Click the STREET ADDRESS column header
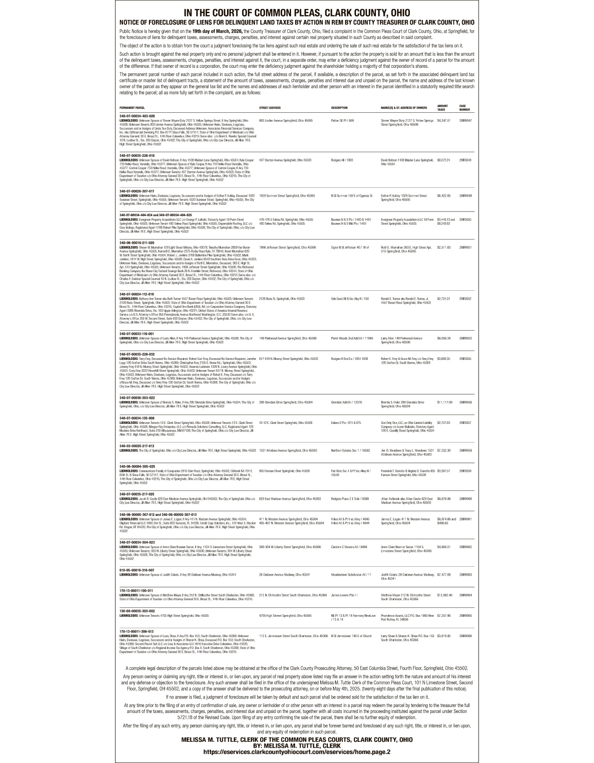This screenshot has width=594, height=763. [x=269, y=108]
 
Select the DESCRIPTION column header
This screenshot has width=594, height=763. [x=339, y=108]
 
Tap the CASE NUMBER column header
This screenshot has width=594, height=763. [x=465, y=108]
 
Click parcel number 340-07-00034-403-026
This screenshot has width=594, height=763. [x=137, y=116]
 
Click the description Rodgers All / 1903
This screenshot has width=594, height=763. [x=342, y=160]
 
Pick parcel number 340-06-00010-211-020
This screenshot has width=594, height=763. [x=137, y=243]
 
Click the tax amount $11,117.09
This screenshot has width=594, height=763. [x=444, y=402]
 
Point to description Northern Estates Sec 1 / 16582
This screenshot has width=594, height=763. [x=350, y=450]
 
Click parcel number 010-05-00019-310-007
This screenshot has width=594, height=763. [x=137, y=570]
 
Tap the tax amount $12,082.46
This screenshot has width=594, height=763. [x=444, y=595]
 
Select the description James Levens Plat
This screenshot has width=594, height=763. [x=344, y=595]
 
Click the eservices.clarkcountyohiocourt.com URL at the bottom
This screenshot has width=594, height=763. [x=297, y=752]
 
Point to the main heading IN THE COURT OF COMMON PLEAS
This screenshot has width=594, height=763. [x=297, y=13]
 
